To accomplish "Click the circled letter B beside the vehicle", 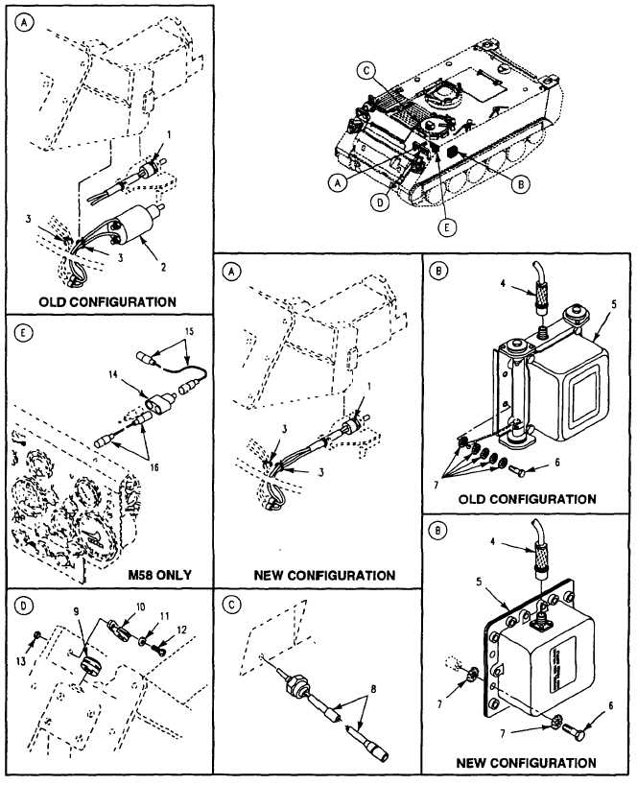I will point(519,185).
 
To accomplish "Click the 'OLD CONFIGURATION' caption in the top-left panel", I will point(107,301).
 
